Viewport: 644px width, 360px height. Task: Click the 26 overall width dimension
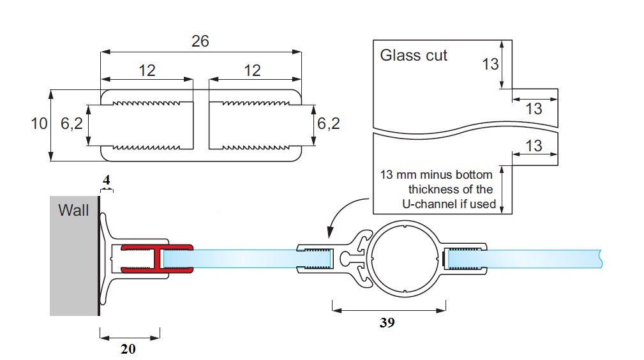click(x=200, y=41)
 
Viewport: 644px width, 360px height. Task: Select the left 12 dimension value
click(x=147, y=70)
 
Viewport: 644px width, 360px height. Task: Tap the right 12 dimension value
click(x=253, y=70)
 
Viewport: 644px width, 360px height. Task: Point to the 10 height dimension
click(x=39, y=124)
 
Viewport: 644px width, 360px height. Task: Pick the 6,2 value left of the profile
click(x=71, y=124)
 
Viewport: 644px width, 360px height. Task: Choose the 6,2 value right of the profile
click(x=328, y=124)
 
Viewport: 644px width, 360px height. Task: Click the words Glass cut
click(x=414, y=56)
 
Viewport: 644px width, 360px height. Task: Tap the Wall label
click(x=73, y=209)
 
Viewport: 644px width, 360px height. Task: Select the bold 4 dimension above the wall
click(x=107, y=181)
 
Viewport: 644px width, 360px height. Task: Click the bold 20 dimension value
click(x=128, y=349)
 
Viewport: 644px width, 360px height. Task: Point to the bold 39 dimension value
click(x=387, y=323)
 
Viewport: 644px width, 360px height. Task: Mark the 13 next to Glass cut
click(x=490, y=64)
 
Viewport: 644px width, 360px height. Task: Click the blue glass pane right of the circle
click(x=543, y=259)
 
